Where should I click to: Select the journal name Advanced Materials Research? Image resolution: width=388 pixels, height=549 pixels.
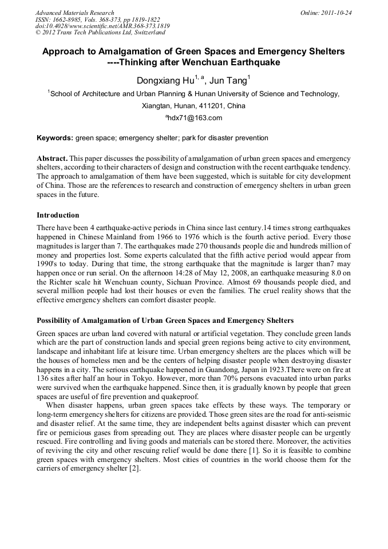point(74,13)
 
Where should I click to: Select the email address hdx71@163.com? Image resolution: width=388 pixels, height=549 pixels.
point(194,118)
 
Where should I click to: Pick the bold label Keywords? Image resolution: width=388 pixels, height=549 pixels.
point(55,138)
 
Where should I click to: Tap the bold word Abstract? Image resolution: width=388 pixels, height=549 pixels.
point(52,158)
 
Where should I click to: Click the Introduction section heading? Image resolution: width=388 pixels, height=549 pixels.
point(58,215)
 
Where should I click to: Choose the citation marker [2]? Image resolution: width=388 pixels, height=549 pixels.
point(133,468)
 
